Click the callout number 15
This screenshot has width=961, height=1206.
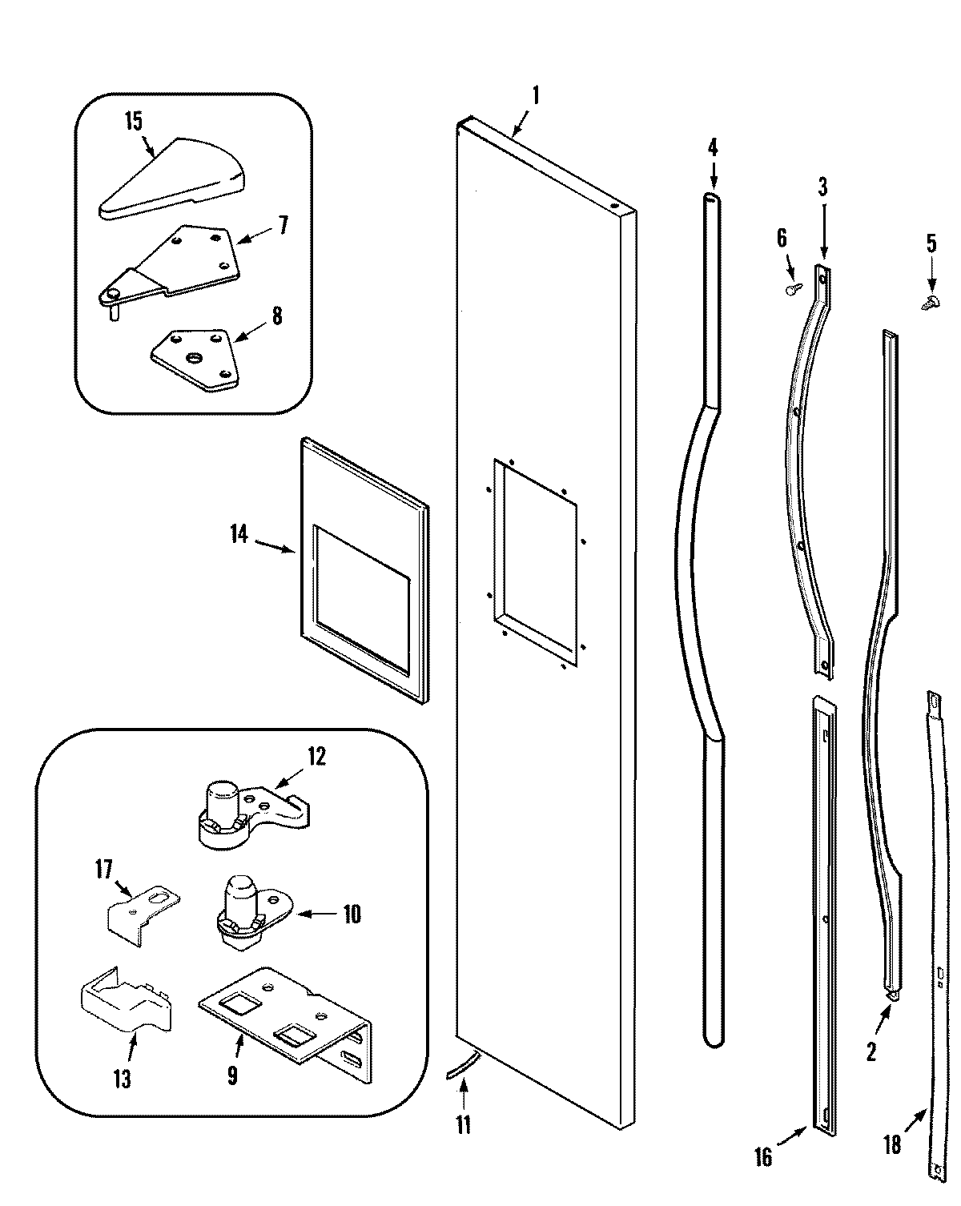click(133, 121)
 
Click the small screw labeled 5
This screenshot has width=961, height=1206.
click(929, 303)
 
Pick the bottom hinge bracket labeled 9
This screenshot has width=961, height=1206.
click(284, 1017)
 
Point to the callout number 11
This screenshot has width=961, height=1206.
click(464, 1124)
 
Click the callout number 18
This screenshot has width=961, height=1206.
click(891, 1144)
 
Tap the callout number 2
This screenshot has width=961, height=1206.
click(871, 1051)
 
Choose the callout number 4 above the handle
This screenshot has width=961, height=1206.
click(713, 148)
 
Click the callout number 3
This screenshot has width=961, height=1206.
click(822, 188)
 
